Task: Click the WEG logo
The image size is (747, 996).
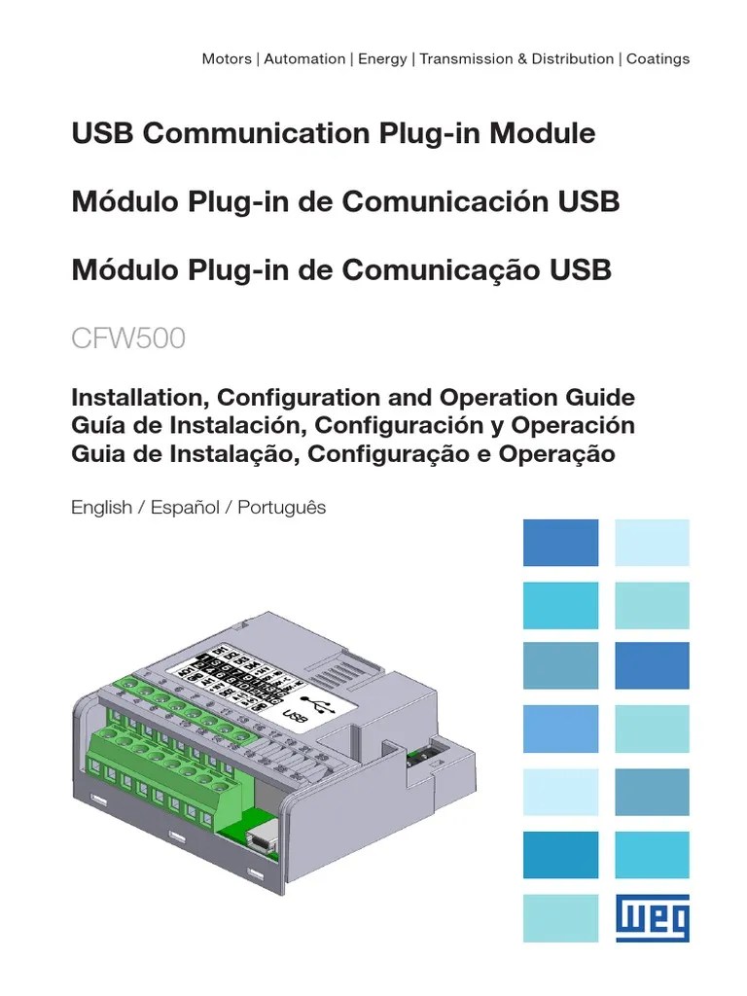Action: pyautogui.click(x=652, y=918)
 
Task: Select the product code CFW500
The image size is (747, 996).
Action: pyautogui.click(x=128, y=339)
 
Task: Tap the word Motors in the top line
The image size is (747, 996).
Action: pyautogui.click(x=227, y=58)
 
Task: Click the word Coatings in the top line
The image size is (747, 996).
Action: pyautogui.click(x=658, y=58)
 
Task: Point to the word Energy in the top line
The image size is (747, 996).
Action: pyautogui.click(x=382, y=58)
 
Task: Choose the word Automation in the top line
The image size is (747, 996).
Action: pyautogui.click(x=304, y=58)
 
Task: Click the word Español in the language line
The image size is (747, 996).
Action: pyautogui.click(x=185, y=508)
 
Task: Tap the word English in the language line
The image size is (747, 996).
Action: pyautogui.click(x=101, y=508)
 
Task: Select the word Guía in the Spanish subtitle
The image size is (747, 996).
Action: pyautogui.click(x=97, y=426)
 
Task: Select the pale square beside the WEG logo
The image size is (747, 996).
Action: pyautogui.click(x=560, y=918)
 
